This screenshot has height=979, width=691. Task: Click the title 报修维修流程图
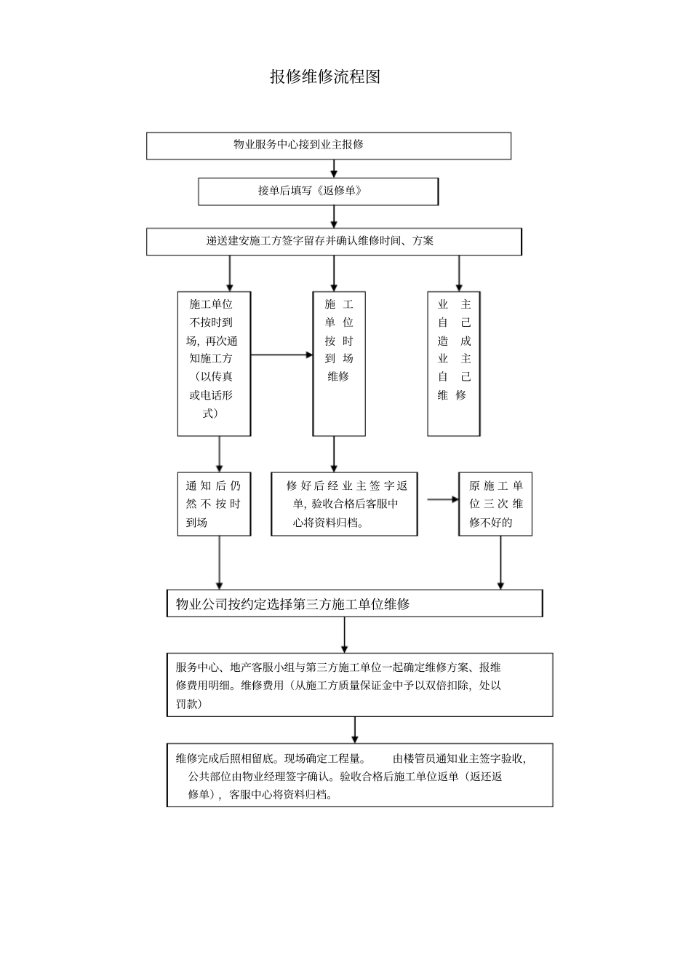325,76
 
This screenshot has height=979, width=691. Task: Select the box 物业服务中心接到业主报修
329,145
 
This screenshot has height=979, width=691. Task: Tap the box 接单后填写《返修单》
319,191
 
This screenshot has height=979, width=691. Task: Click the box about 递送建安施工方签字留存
334,242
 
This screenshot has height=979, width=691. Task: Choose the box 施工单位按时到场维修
339,363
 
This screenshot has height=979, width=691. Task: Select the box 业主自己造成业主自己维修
454,363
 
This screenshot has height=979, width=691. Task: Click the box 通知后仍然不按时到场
214,504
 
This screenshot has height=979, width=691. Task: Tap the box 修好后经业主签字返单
344,504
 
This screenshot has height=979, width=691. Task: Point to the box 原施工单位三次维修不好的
495,504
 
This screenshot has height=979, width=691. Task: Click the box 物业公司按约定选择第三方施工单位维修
354,603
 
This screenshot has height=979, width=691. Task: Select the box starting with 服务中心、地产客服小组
359,685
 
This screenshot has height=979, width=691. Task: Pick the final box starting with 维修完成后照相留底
359,775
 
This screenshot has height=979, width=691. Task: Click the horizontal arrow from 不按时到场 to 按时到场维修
281,355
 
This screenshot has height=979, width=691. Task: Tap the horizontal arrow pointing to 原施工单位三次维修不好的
442,499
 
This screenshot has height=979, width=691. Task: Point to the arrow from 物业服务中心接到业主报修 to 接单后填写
334,168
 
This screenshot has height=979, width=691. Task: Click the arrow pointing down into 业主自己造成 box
458,273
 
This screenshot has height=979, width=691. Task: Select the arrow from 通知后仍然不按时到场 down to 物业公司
219,563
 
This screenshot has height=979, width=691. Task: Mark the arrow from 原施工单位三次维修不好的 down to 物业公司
500,563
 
